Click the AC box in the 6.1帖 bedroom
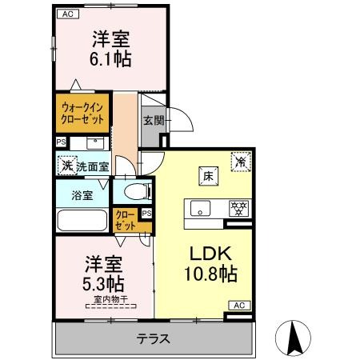coord(68,14)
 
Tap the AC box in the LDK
coord(239,306)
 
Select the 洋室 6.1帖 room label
coord(110,49)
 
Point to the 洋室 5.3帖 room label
coord(103,274)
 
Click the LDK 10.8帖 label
coord(210,264)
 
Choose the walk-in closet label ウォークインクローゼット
coord(82,114)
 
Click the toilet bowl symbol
coord(138,192)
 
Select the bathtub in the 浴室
coord(82,220)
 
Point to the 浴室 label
coord(82,195)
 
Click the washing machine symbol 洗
coord(67,166)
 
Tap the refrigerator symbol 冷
coord(241,162)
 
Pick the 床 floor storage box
coord(208,176)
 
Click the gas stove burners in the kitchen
coord(238,209)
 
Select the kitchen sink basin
coord(200,208)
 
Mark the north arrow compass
coord(293,338)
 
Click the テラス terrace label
coord(154,339)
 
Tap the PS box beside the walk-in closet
coord(61,142)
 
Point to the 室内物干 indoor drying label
coord(110,299)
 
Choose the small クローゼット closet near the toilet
coord(126,220)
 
